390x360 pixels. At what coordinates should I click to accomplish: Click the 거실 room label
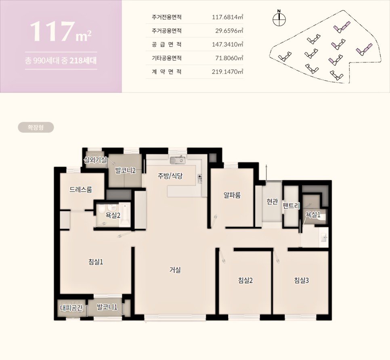pyautogui.click(x=175, y=269)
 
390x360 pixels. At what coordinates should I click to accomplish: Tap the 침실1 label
pyautogui.click(x=96, y=262)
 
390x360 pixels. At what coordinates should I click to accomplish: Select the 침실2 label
pyautogui.click(x=245, y=280)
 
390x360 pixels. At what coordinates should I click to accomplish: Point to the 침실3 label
pyautogui.click(x=302, y=280)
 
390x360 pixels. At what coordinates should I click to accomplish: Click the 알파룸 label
pyautogui.click(x=232, y=195)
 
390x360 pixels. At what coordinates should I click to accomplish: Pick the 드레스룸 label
pyautogui.click(x=81, y=189)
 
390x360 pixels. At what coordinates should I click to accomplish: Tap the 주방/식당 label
pyautogui.click(x=170, y=176)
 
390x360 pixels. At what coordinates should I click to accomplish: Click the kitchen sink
pyautogui.click(x=178, y=160)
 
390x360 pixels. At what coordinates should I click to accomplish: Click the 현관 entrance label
pyautogui.click(x=272, y=201)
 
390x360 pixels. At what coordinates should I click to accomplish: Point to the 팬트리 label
pyautogui.click(x=291, y=206)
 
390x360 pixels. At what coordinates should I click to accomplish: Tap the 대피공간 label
pyautogui.click(x=71, y=308)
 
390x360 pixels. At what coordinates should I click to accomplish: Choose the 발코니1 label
pyautogui.click(x=107, y=307)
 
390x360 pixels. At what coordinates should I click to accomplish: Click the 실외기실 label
pyautogui.click(x=95, y=160)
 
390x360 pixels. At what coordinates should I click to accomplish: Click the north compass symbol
pyautogui.click(x=279, y=18)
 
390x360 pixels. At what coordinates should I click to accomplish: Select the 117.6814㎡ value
pyautogui.click(x=227, y=17)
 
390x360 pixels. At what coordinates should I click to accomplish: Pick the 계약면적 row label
pyautogui.click(x=167, y=72)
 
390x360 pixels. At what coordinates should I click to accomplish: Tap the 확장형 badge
pyautogui.click(x=36, y=127)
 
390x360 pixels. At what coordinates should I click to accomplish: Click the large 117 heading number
pyautogui.click(x=53, y=31)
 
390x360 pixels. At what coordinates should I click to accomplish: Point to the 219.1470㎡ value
pyautogui.click(x=227, y=72)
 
